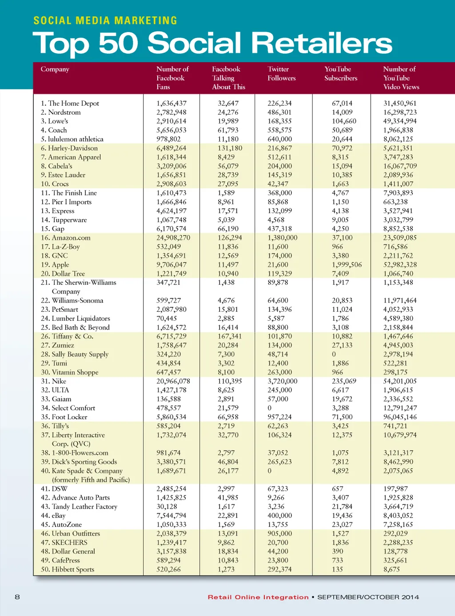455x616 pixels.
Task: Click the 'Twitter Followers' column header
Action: click(x=281, y=74)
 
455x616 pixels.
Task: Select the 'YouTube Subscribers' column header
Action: click(x=340, y=74)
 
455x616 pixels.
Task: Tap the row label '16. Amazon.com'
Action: click(x=65, y=238)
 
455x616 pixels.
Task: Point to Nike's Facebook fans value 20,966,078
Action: click(x=173, y=381)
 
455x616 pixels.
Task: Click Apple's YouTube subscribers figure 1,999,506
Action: click(x=347, y=265)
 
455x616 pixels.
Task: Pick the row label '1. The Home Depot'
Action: click(x=70, y=103)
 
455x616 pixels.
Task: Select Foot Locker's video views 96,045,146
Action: click(x=400, y=417)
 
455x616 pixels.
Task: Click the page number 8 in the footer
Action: click(x=17, y=597)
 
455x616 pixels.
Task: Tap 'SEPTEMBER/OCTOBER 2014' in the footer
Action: click(x=368, y=597)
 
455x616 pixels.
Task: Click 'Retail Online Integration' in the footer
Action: click(x=258, y=597)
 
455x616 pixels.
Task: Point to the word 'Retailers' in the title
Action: click(x=322, y=44)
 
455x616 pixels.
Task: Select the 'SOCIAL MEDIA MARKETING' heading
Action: click(x=105, y=20)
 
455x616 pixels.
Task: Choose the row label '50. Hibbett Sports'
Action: click(x=68, y=569)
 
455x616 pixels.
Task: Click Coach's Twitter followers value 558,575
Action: click(x=279, y=130)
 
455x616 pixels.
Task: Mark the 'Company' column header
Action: click(x=55, y=69)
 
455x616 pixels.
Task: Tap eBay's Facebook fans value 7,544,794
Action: click(x=171, y=516)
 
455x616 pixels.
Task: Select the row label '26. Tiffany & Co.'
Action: click(x=67, y=336)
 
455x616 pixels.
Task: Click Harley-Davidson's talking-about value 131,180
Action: click(x=230, y=148)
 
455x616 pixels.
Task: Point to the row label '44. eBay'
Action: click(x=53, y=516)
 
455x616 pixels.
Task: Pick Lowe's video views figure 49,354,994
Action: click(x=400, y=121)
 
